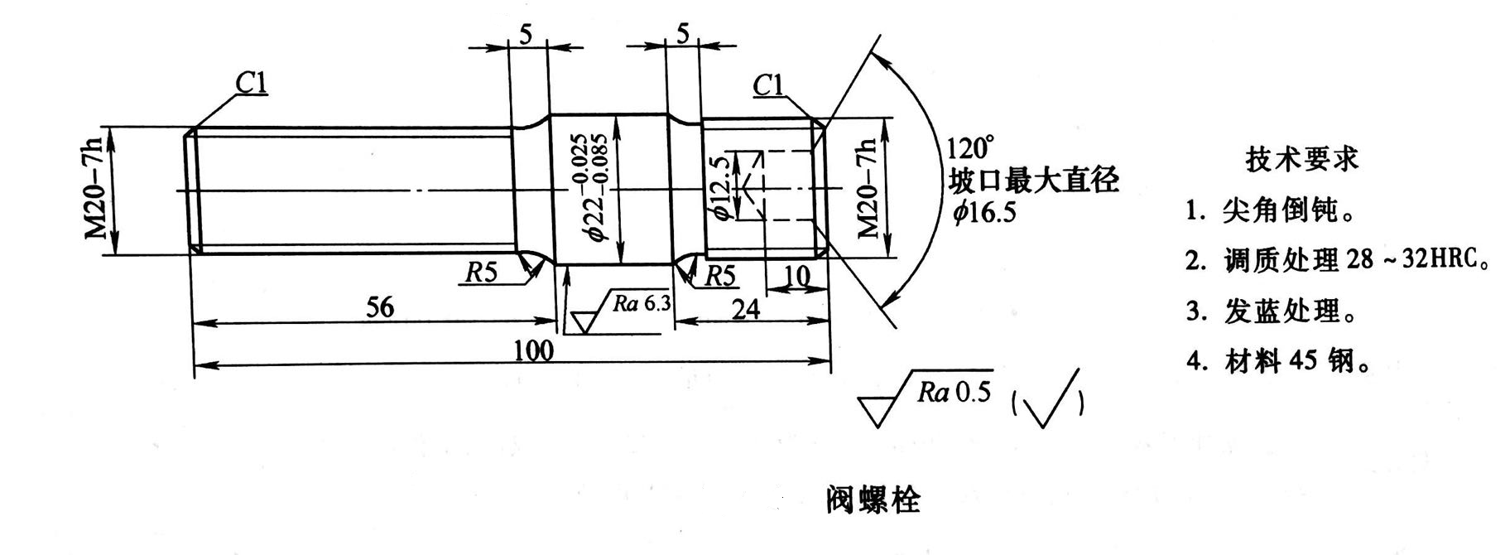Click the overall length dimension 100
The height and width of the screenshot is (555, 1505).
(533, 350)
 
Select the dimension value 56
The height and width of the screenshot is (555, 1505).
(380, 308)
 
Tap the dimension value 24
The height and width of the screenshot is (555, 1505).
(745, 309)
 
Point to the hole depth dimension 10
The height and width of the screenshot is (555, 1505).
(796, 277)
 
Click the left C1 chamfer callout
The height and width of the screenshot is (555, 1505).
(252, 83)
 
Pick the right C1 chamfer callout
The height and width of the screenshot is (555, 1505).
(768, 84)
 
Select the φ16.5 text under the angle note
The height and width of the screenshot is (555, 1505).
(983, 213)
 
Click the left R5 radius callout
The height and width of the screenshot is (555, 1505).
(480, 273)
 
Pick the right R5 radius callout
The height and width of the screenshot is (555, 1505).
(719, 276)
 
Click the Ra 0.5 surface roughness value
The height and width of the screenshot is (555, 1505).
(954, 392)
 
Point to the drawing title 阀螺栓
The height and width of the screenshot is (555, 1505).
(873, 499)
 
